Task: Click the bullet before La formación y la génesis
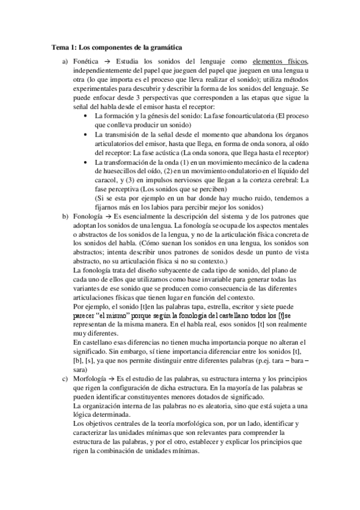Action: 88,114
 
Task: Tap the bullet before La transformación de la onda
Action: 88,162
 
